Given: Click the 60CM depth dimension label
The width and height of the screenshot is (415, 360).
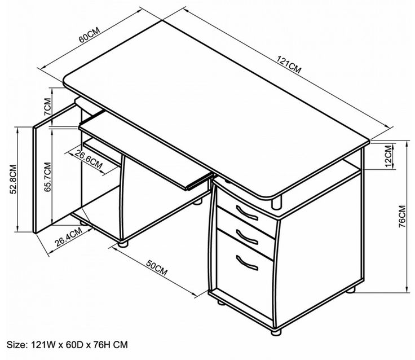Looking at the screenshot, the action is click(90, 34).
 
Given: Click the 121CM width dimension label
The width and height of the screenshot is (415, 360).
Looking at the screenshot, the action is click(289, 64).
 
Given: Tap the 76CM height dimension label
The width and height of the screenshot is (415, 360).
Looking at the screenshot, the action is click(402, 217).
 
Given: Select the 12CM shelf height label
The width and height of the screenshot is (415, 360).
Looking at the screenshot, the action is click(388, 156).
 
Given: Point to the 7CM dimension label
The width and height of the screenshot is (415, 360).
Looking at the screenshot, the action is click(47, 106).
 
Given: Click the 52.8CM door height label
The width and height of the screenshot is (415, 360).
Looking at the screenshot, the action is click(13, 179).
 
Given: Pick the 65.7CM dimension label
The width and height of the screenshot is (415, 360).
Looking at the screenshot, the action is click(47, 177).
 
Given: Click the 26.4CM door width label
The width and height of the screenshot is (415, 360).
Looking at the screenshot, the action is click(68, 237).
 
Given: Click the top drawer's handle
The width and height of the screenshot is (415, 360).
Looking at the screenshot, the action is click(247, 213).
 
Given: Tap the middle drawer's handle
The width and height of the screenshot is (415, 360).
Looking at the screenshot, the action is click(247, 237).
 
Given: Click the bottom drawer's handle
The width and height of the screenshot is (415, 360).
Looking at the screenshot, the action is click(247, 263).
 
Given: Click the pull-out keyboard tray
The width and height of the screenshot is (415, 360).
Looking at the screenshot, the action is click(145, 150).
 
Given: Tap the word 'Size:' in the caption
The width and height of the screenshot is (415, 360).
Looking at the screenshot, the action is click(17, 345).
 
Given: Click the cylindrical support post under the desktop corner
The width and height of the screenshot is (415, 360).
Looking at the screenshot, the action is click(276, 202).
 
